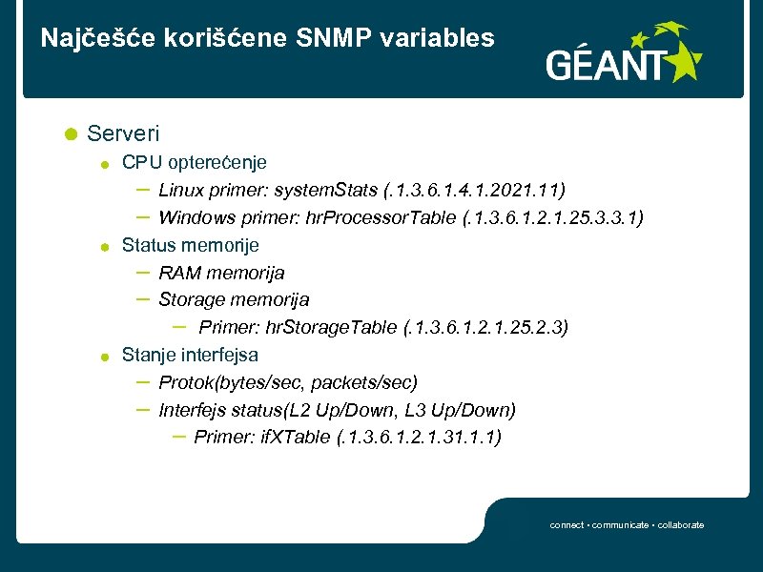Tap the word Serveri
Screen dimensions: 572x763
pos(123,133)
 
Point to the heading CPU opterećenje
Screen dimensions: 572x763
pos(194,162)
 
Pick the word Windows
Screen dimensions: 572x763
pos(194,217)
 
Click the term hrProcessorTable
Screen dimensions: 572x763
pos(381,217)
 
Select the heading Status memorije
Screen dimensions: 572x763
pos(190,245)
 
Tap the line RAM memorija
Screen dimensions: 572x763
pos(221,273)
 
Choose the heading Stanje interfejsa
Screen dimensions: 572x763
pos(190,356)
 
